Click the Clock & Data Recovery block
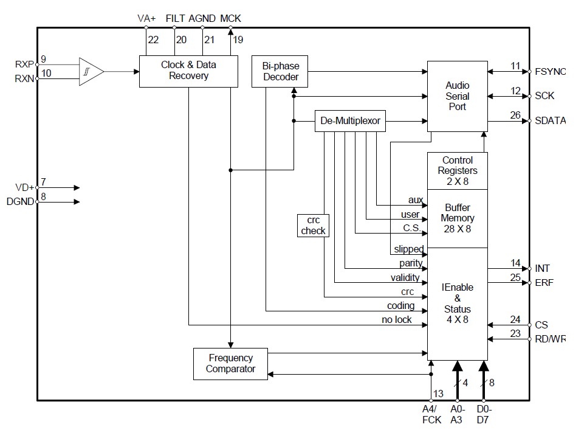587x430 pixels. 188,71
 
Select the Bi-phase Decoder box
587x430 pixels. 280,71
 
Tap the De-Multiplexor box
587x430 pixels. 350,121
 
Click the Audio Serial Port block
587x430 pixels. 457,95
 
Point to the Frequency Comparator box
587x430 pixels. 230,363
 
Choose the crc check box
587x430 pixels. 313,225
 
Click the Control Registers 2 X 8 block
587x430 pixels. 457,170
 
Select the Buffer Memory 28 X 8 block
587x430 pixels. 457,218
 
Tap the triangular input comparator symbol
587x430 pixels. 91,71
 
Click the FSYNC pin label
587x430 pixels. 550,72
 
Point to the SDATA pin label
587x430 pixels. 550,121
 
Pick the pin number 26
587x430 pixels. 515,115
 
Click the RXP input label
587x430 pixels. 24,64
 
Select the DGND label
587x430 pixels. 21,202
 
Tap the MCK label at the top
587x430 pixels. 230,18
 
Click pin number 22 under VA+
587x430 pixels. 153,40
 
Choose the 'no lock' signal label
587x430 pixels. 396,320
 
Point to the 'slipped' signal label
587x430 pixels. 408,249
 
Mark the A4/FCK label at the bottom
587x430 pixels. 429,414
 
